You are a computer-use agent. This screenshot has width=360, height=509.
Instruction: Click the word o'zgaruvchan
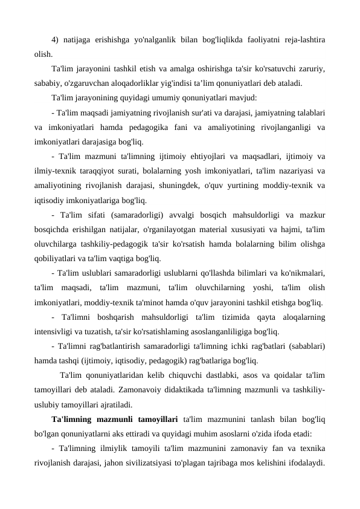[86, 83]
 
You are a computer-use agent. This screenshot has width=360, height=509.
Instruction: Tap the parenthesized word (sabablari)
[301, 347]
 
